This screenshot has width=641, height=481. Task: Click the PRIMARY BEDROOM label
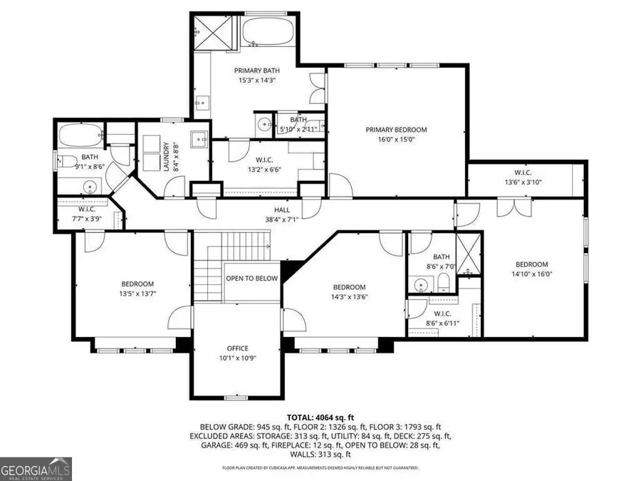coord(396,130)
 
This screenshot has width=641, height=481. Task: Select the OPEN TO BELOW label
coord(251,278)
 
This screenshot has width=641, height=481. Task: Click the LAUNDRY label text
coord(165,156)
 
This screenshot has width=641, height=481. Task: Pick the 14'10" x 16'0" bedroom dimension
coord(531,274)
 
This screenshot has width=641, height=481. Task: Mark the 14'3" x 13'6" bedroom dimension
coord(349,297)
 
